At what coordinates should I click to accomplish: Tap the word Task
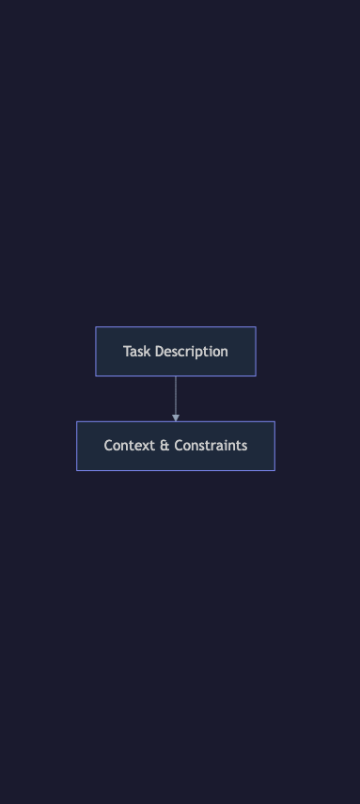click(x=136, y=352)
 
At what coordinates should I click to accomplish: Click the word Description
click(x=191, y=352)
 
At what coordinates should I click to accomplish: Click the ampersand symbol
click(x=164, y=446)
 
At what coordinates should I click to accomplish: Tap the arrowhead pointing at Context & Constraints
click(x=176, y=418)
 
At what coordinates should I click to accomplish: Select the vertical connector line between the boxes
click(x=176, y=395)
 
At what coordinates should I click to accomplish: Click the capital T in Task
click(x=127, y=352)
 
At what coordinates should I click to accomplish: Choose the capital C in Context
click(x=108, y=446)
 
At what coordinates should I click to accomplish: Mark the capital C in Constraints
click(x=180, y=446)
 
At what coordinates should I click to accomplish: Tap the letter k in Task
click(x=147, y=352)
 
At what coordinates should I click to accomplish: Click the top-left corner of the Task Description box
click(x=96, y=327)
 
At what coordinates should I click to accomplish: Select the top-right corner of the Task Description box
click(x=256, y=327)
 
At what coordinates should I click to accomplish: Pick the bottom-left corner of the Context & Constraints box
click(x=77, y=470)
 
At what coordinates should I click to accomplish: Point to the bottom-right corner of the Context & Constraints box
click(x=274, y=470)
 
